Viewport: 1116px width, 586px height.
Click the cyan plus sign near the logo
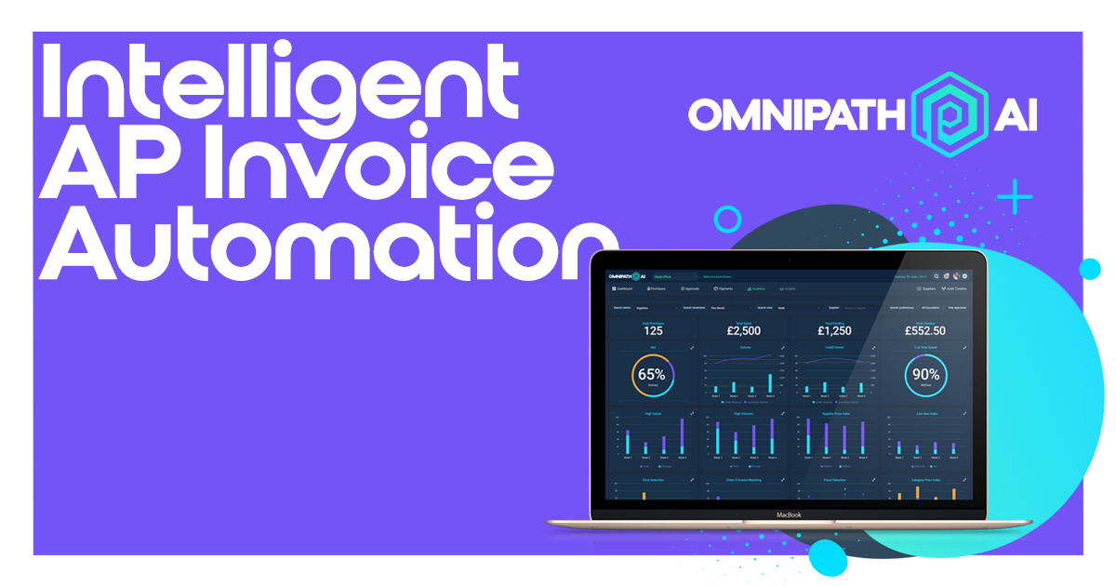pos(1015,197)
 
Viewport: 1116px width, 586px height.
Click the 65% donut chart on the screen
pos(652,374)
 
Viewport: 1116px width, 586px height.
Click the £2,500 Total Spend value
pos(743,330)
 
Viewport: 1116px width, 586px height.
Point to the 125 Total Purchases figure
pos(652,330)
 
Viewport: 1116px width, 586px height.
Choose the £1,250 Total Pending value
pos(834,330)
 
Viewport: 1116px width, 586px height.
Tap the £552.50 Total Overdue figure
pos(925,330)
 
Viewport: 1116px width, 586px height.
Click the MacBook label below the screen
pos(788,513)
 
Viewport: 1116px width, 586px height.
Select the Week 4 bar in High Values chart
pos(683,437)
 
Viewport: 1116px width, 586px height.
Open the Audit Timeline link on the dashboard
pos(956,289)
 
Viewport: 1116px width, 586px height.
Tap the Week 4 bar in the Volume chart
pos(770,383)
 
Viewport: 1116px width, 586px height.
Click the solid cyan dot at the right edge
pos(1089,270)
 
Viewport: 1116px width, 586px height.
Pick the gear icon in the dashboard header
pos(965,276)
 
